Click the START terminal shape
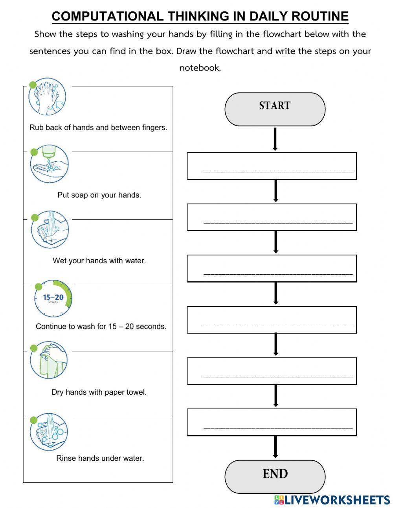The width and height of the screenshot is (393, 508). [x=275, y=109]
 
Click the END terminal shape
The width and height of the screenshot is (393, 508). [x=275, y=477]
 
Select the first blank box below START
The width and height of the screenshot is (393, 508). [x=272, y=166]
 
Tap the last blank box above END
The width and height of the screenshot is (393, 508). [x=272, y=422]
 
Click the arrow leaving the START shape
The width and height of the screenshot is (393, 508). [x=275, y=139]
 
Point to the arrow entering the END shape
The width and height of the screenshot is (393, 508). [x=275, y=447]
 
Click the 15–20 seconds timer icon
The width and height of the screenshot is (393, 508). [x=53, y=299]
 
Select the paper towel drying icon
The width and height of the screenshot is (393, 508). [x=49, y=360]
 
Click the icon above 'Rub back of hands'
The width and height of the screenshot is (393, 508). [x=47, y=97]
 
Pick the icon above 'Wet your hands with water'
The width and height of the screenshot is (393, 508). [x=50, y=230]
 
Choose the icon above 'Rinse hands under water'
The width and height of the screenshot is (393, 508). [x=49, y=432]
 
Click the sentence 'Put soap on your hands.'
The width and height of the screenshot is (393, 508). [x=99, y=195]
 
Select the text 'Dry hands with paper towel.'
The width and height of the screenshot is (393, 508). [x=99, y=392]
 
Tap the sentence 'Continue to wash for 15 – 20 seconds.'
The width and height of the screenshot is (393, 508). [x=101, y=326]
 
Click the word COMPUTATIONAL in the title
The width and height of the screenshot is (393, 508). [x=108, y=16]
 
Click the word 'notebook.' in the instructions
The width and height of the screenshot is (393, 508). [x=200, y=68]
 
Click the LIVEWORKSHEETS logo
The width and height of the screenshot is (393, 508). [x=332, y=500]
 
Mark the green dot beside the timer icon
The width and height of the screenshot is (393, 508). [x=39, y=286]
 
